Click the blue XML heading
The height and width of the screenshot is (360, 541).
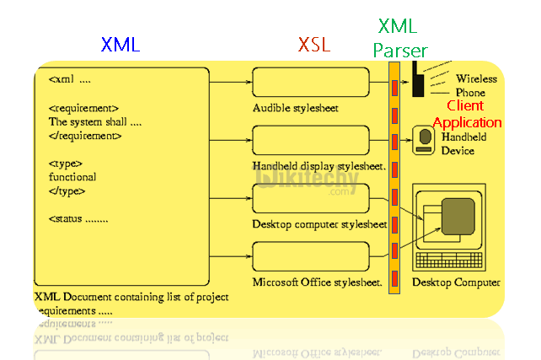121,45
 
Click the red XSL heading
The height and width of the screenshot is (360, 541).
314,45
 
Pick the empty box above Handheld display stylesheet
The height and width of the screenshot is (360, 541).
311,139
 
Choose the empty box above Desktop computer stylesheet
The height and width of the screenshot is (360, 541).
311,197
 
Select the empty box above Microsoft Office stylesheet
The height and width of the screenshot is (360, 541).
311,255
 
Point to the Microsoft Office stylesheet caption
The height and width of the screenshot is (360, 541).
318,281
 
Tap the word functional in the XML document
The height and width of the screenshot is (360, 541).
72,177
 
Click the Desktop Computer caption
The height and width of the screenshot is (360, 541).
456,282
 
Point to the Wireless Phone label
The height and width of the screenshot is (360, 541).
475,85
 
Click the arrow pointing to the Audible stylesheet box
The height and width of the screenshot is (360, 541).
232,83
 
